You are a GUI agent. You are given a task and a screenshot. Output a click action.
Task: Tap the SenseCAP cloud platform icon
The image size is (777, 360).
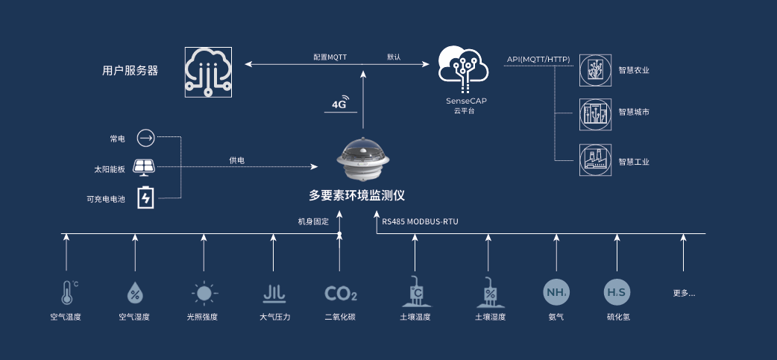462,67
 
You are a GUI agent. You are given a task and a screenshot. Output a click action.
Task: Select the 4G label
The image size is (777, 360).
339,105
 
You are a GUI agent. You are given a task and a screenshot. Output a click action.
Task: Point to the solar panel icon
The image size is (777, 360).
145,166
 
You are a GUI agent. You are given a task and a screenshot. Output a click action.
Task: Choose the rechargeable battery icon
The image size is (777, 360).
146,197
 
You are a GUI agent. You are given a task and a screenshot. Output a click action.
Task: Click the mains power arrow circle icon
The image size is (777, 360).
145,138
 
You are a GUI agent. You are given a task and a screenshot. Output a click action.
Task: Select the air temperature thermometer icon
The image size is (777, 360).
67,292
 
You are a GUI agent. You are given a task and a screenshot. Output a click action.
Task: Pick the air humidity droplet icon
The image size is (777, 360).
135,293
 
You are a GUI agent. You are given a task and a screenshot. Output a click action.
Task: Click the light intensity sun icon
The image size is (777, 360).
204,293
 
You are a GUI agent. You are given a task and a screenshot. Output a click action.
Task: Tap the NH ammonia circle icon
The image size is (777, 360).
556,292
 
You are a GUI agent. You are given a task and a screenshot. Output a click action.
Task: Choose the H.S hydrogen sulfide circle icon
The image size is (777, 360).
617,292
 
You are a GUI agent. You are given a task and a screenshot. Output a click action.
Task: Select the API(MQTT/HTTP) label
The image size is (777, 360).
538,59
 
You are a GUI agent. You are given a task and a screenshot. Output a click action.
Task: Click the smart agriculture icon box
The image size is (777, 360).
595,69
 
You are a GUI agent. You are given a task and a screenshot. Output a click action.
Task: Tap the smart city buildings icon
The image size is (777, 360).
595,113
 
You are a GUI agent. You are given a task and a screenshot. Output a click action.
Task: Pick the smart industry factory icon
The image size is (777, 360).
595,160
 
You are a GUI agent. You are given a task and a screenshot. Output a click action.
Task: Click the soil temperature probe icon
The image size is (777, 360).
415,292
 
